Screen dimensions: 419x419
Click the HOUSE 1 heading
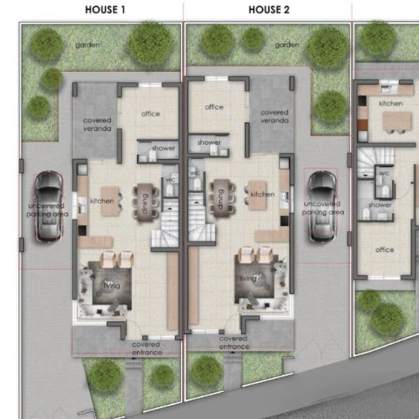coord(105,10)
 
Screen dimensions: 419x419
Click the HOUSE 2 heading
coord(269,10)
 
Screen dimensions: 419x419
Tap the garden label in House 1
coord(87,45)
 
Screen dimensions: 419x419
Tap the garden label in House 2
coord(287,45)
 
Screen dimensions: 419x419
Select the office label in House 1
coord(150,114)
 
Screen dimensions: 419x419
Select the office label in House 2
coord(214,107)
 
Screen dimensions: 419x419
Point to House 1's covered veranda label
coord(98,124)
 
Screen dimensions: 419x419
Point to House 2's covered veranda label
coord(274,117)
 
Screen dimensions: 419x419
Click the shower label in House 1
coord(163,148)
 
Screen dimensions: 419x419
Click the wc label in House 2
coord(195,173)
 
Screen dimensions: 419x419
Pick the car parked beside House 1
coord(49,206)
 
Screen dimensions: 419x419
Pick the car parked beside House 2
coord(321,206)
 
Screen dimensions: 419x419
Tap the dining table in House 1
coord(146,202)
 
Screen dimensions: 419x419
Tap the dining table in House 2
coord(221,198)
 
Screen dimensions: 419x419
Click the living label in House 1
coord(112,286)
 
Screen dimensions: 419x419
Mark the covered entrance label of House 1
coord(146,349)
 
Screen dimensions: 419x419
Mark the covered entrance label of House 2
coord(234,343)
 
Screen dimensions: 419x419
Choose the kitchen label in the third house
coord(391,104)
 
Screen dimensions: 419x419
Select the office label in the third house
coord(384,250)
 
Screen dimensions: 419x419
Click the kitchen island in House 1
coord(109,201)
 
